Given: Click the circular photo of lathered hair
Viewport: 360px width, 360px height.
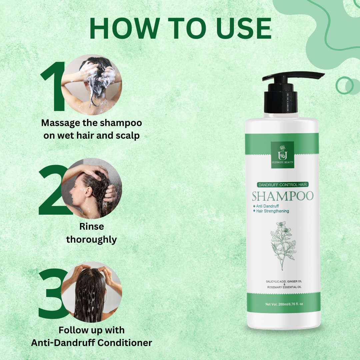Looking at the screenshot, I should [92, 85].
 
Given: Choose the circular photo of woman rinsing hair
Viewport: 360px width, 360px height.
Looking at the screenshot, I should [92, 188].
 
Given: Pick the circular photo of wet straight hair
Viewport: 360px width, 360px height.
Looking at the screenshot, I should [92, 292].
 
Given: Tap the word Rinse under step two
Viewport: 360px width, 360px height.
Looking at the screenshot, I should [91, 227].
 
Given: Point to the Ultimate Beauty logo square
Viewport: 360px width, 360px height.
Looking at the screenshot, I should [282, 155].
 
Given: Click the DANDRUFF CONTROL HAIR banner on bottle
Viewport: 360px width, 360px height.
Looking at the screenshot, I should [282, 184].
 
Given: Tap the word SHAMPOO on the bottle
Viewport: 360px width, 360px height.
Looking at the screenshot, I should [282, 196].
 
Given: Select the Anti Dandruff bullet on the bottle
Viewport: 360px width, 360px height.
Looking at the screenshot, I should [267, 206].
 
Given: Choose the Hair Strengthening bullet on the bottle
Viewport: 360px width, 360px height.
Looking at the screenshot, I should [272, 211].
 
